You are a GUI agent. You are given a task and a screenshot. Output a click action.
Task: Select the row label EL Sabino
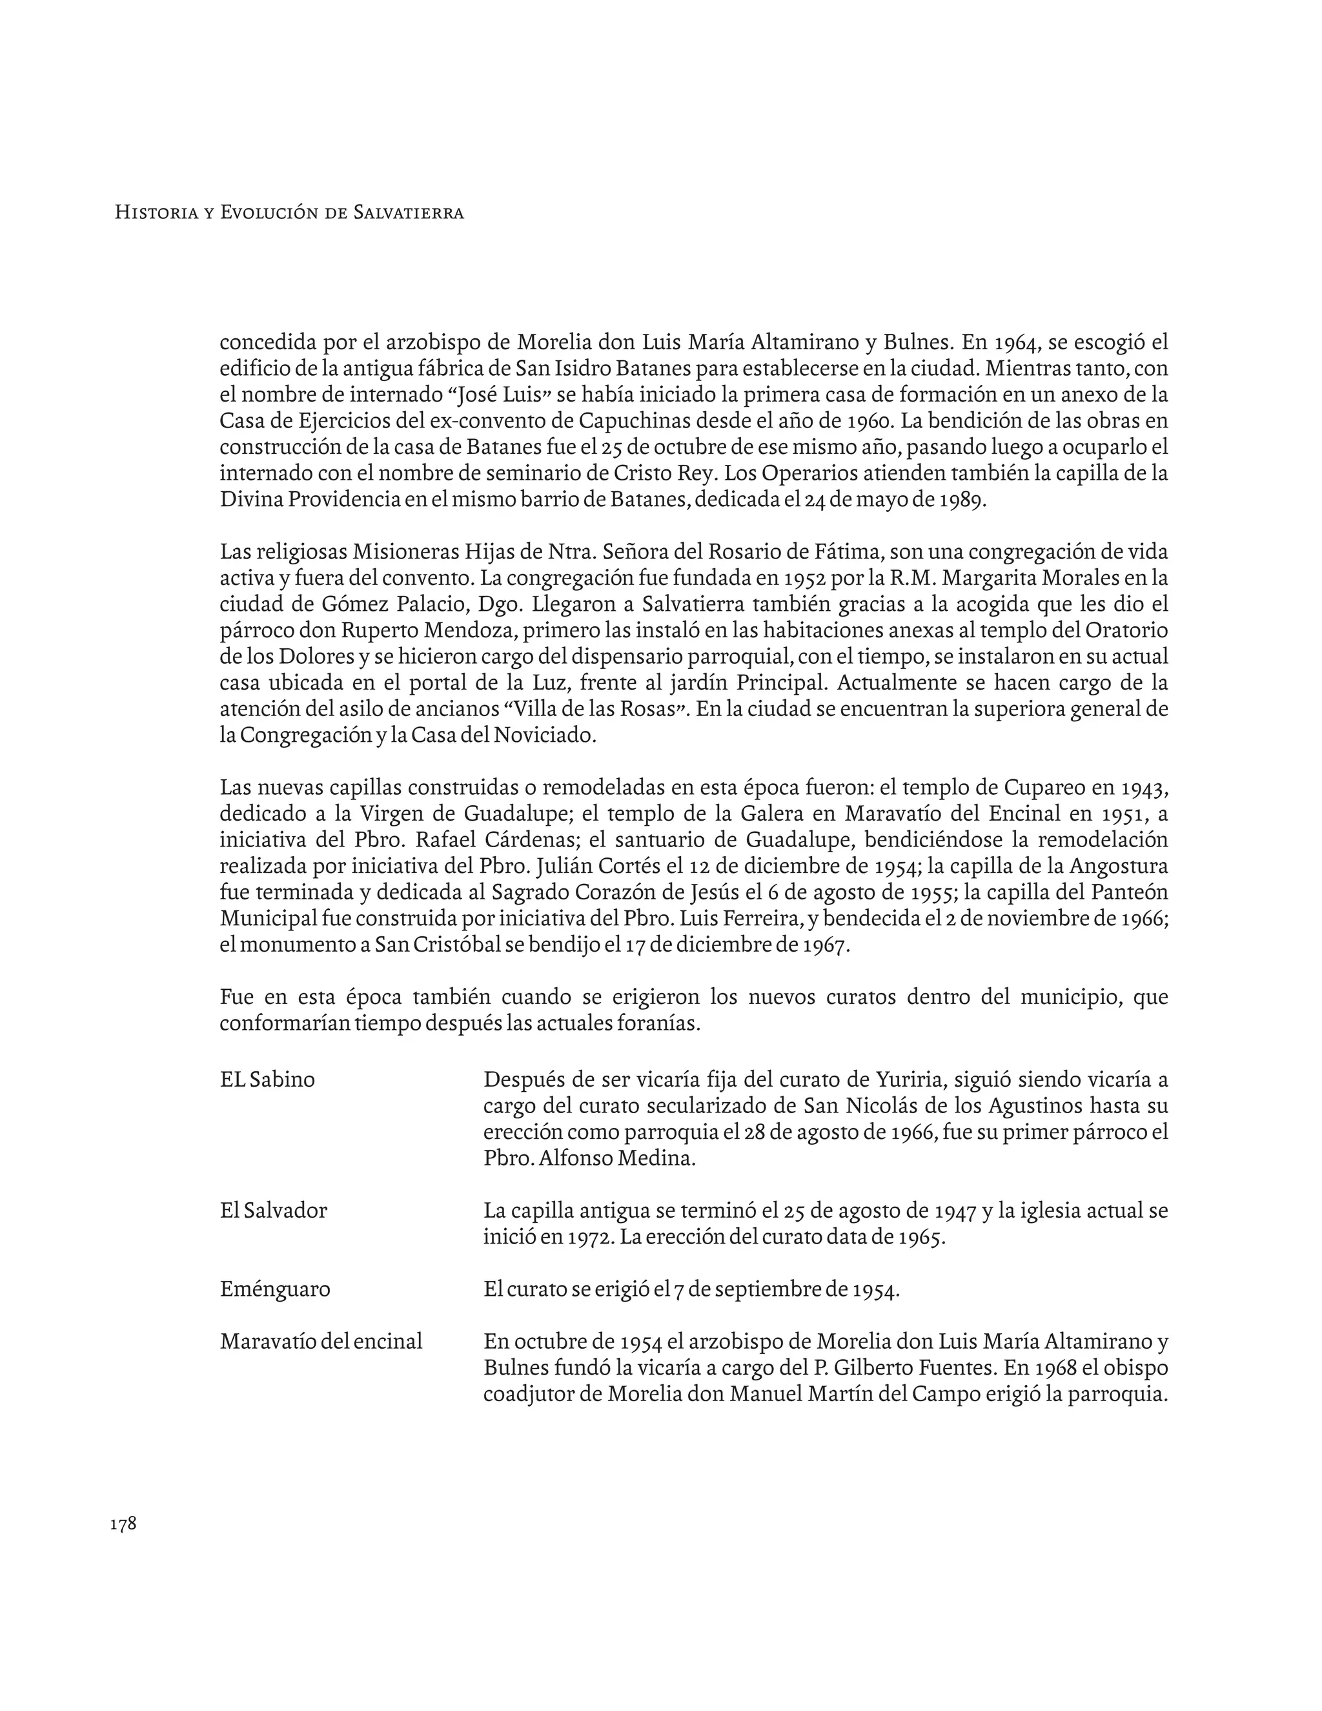pos(267,1080)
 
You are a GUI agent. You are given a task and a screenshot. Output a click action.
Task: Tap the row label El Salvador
pos(273,1211)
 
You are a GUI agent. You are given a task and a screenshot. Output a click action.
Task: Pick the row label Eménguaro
pos(275,1289)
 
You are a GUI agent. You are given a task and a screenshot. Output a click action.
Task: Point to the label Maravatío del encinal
pos(321,1341)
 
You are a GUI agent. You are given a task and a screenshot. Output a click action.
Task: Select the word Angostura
pos(1119,866)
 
